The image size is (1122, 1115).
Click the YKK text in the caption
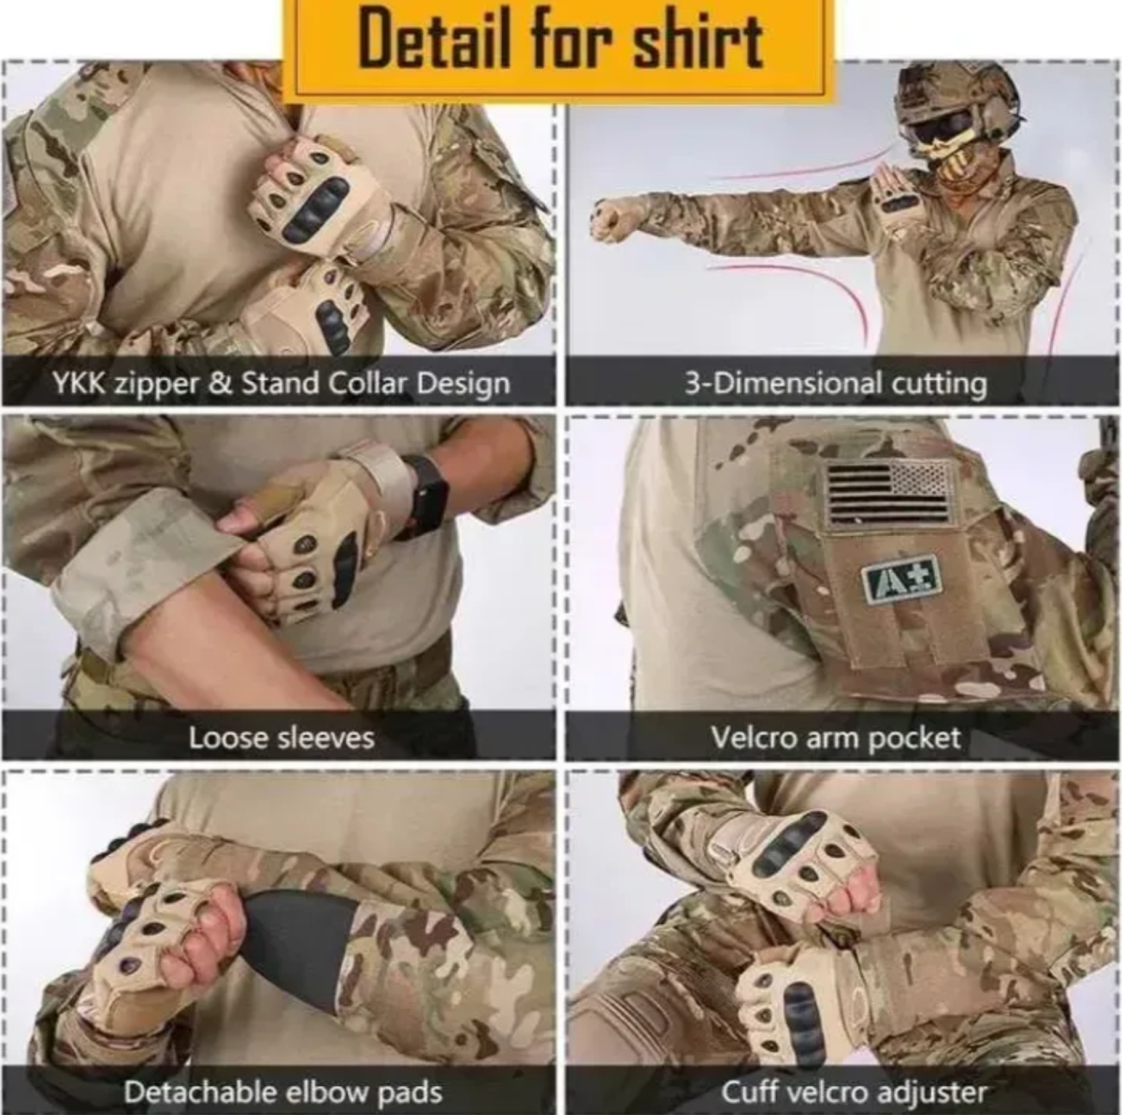point(79,384)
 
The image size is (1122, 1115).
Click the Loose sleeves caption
point(281,738)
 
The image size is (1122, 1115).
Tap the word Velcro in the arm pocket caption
point(754,738)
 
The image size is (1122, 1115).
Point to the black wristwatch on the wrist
point(426,495)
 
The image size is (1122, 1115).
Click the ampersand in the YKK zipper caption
point(220,384)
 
